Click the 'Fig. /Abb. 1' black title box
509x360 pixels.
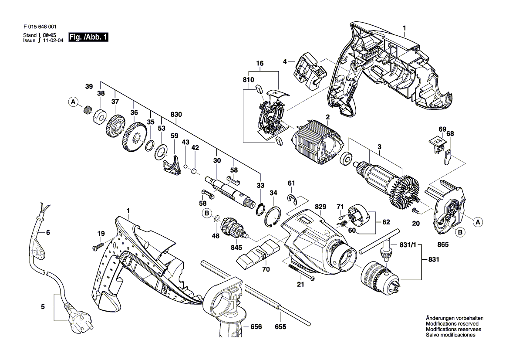pos(88,37)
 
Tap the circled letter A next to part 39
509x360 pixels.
pos(73,102)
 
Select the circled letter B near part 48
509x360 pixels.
pos(206,214)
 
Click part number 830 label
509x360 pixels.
pos(176,114)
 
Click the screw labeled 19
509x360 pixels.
pos(98,246)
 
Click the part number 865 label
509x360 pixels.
pos(443,245)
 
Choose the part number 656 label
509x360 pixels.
pos(256,326)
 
